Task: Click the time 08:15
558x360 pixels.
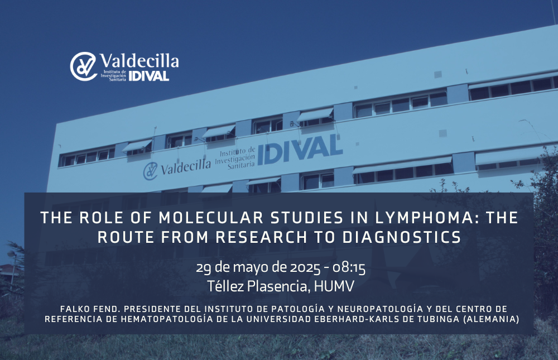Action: coord(349,267)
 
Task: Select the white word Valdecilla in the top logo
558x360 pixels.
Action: coord(139,61)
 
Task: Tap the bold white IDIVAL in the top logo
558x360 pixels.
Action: coord(149,76)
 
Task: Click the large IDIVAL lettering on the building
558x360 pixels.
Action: coord(300,150)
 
